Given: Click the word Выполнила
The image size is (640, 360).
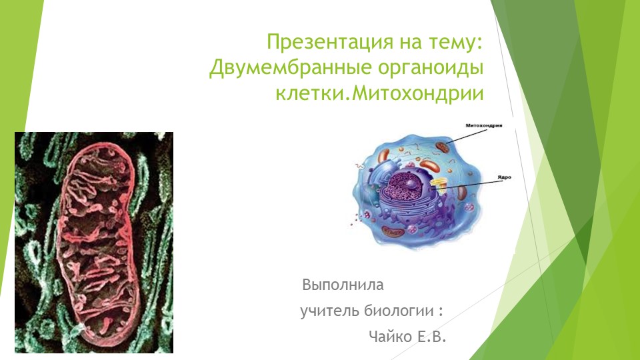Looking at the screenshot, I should pyautogui.click(x=343, y=285).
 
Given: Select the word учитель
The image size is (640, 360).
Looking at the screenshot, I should pyautogui.click(x=329, y=311).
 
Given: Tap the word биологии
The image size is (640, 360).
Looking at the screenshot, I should pyautogui.click(x=399, y=311).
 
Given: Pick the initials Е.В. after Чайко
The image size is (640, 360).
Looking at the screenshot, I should pyautogui.click(x=430, y=337).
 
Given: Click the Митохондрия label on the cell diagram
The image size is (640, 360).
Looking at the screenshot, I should pyautogui.click(x=484, y=125).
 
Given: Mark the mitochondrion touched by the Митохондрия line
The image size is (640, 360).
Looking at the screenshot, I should pyautogui.click(x=442, y=145).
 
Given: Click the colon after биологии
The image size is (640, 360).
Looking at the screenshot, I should pyautogui.click(x=441, y=312).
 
